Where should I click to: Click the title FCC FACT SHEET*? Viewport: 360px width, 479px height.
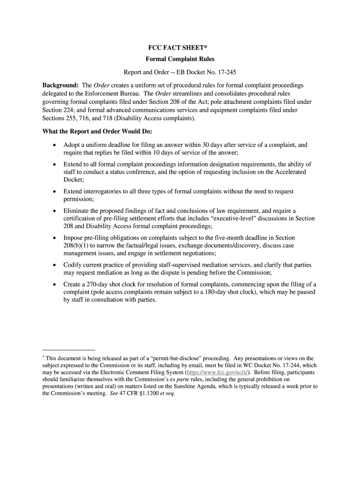(x=180, y=48)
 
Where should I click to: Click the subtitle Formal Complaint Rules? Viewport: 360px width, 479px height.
(x=180, y=60)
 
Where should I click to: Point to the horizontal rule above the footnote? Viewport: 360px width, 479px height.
(x=69, y=349)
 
